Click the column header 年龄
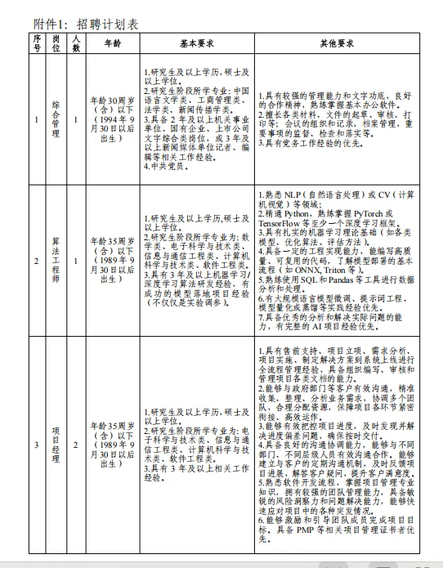112,43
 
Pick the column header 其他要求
336,43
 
